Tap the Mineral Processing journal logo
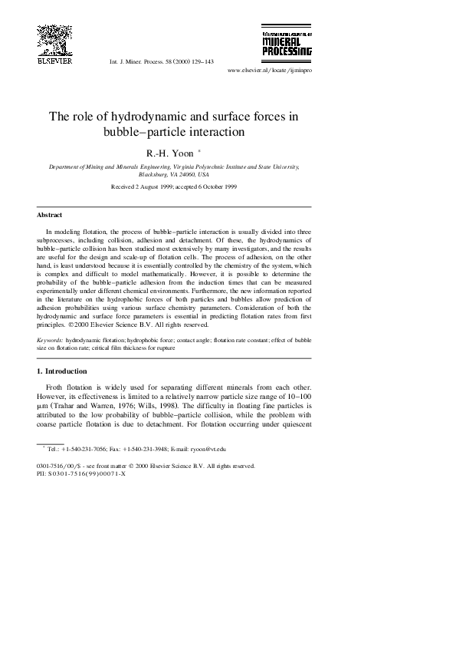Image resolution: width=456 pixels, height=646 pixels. pyautogui.click(x=287, y=44)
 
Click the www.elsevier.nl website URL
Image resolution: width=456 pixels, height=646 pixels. pyautogui.click(x=271, y=69)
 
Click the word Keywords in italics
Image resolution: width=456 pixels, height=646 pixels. pyautogui.click(x=50, y=338)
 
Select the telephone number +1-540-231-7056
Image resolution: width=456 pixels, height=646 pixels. pyautogui.click(x=80, y=447)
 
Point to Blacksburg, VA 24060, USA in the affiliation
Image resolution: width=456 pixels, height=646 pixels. pyautogui.click(x=174, y=174)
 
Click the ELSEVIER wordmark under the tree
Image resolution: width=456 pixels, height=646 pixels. pyautogui.click(x=54, y=61)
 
